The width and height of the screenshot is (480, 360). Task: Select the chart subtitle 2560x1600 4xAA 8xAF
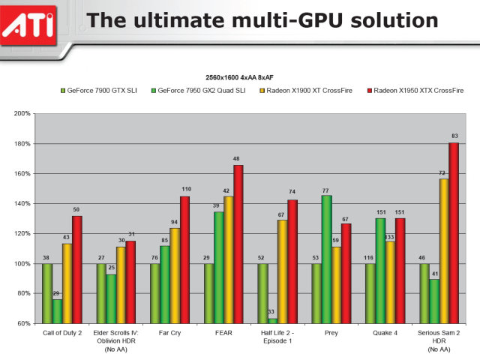coord(239,78)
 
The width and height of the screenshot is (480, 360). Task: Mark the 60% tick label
coord(22,323)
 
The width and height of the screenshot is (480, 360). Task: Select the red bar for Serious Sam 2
coord(454,232)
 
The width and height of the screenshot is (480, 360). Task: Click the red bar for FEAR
coord(238,244)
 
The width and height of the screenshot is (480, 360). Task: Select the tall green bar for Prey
coord(325,259)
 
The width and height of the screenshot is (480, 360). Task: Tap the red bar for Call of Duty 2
coord(76,269)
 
